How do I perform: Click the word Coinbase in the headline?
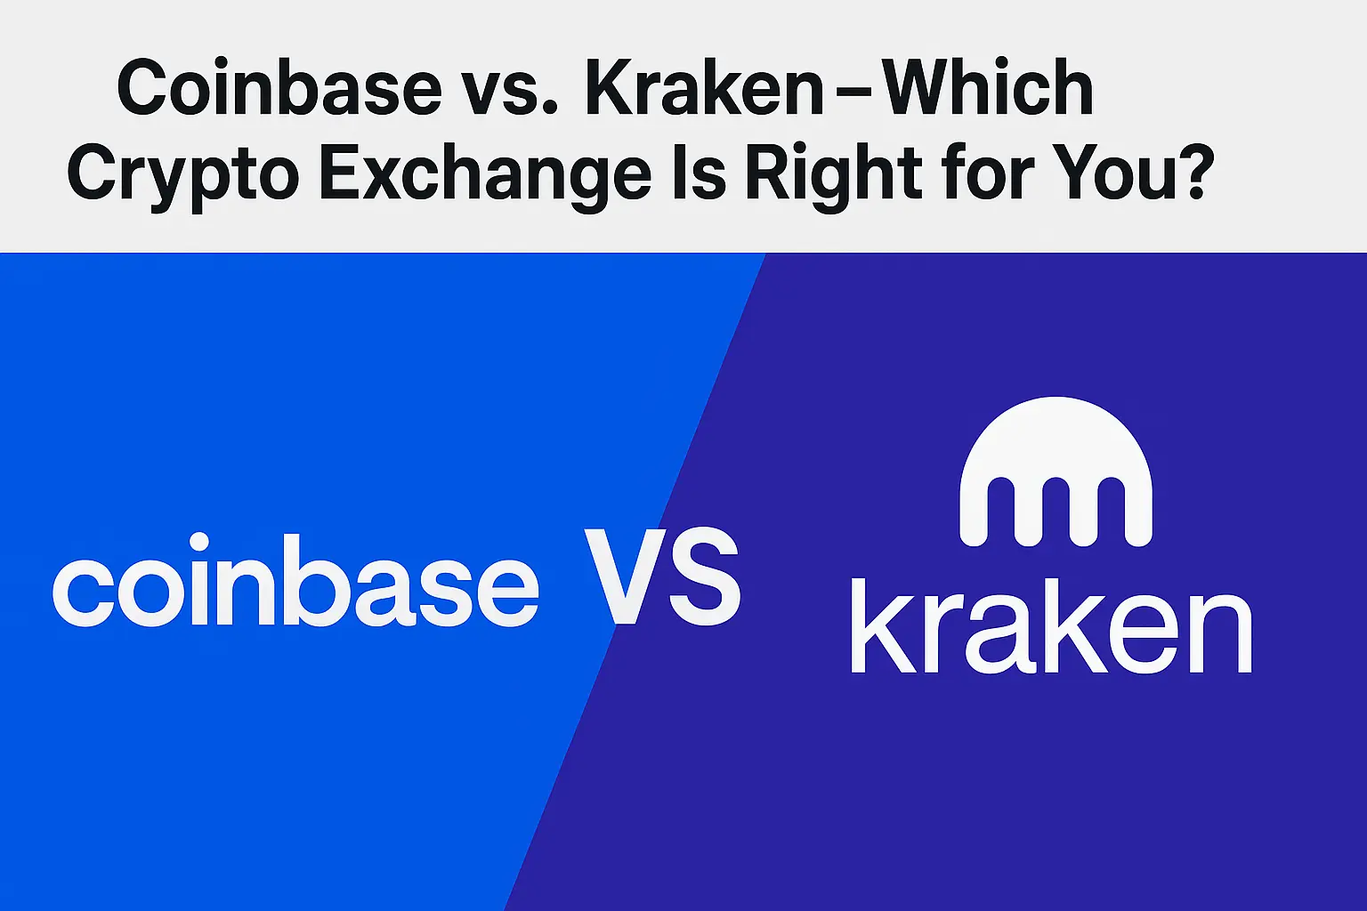pos(279,88)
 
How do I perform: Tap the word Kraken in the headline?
pos(705,88)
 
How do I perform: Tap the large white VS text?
pos(662,576)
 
